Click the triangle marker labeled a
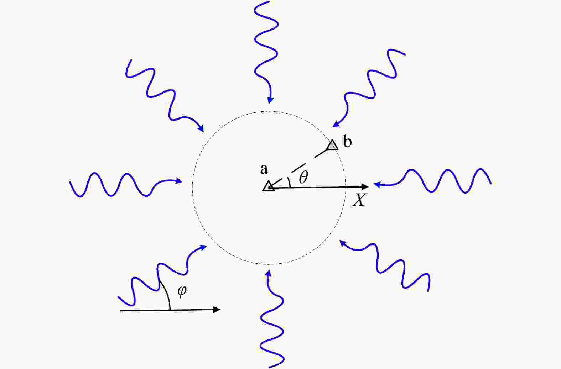point(269,186)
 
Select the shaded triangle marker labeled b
point(333,145)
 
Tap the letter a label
point(264,169)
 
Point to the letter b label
point(348,141)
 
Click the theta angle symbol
point(303,177)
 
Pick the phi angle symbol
point(182,291)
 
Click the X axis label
point(360,200)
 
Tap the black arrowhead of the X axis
point(365,186)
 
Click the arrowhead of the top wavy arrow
point(270,100)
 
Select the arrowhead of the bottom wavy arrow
point(269,273)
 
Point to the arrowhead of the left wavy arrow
point(179,181)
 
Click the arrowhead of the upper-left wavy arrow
point(201,128)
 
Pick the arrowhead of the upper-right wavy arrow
point(336,124)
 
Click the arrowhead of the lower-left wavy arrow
point(203,248)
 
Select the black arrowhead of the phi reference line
point(217,310)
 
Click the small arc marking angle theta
point(289,183)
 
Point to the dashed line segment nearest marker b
point(321,153)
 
